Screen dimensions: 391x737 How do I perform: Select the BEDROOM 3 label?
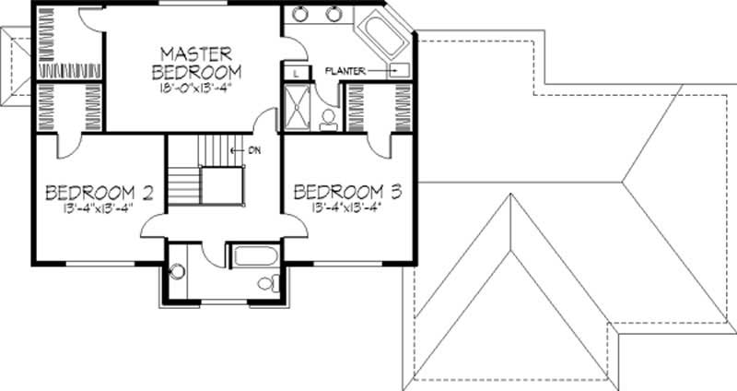click(348, 192)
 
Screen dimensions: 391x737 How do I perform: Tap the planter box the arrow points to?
click(399, 70)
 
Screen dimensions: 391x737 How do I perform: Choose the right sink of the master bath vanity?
click(334, 14)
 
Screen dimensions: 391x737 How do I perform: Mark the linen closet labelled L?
click(295, 72)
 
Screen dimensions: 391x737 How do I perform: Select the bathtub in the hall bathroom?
click(250, 255)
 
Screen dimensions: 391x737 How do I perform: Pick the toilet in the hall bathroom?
click(267, 282)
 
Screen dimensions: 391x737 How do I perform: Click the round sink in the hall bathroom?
click(176, 272)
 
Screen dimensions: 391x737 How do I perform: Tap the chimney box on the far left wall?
click(17, 70)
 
